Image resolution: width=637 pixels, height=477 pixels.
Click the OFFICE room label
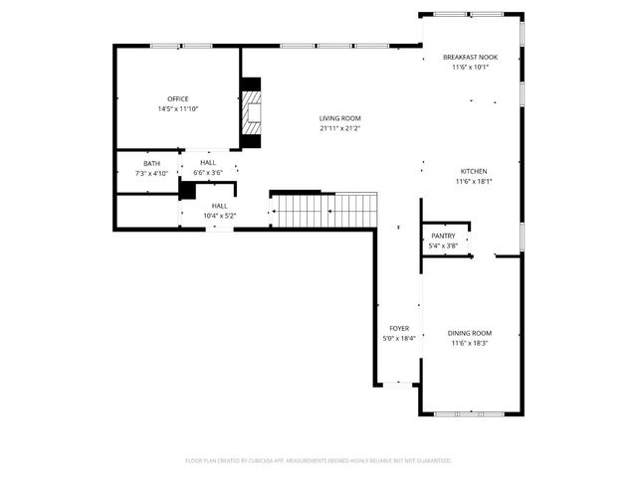point(178,98)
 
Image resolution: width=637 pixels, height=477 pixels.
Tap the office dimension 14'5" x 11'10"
point(178,108)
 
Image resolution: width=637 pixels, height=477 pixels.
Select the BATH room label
point(151,163)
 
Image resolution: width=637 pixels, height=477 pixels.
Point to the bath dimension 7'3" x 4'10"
point(151,173)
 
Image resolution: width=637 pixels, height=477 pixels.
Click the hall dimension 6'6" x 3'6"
point(208,173)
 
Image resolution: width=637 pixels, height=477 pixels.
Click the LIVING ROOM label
point(339,118)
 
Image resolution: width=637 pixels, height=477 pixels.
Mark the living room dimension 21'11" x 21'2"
point(339,128)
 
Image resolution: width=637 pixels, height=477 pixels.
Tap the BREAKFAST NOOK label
point(470,58)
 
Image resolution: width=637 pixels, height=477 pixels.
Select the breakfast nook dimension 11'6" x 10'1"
point(470,68)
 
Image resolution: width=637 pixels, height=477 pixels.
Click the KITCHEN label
point(473,171)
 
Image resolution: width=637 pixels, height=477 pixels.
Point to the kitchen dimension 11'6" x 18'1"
point(473,181)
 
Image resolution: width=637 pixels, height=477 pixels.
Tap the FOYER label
point(399,328)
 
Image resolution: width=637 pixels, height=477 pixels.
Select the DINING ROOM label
point(470,333)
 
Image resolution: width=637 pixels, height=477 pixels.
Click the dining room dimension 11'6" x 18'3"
point(470,343)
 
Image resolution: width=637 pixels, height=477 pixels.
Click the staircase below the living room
point(324,210)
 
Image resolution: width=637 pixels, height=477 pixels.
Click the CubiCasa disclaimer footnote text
point(318,461)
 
